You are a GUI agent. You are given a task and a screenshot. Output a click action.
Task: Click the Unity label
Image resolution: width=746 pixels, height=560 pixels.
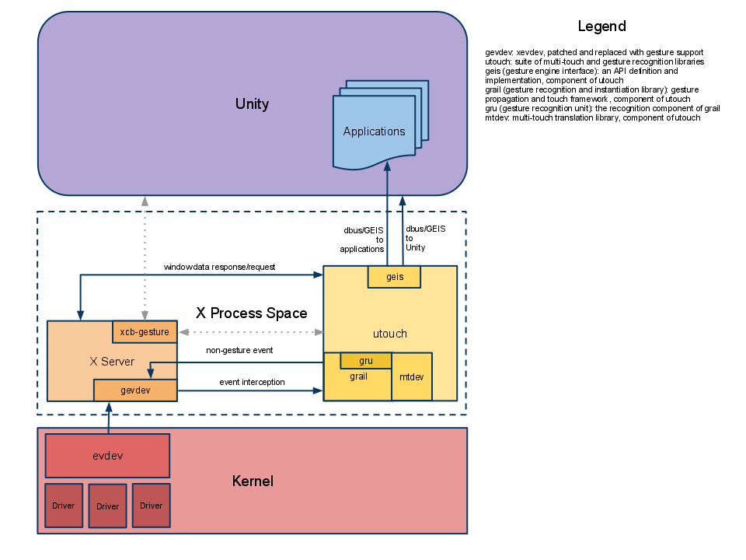252,104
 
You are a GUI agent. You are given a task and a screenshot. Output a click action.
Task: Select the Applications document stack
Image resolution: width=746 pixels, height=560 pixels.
375,131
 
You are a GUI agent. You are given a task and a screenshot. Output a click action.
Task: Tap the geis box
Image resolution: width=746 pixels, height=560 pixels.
394,277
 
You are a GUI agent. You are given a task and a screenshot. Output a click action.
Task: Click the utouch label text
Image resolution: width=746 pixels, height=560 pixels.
389,334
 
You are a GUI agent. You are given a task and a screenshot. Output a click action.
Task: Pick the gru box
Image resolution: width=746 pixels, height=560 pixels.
366,361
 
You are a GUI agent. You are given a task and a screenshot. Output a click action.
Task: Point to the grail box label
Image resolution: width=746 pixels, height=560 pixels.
358,376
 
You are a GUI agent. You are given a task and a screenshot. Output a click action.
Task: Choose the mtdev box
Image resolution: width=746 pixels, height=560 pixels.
412,376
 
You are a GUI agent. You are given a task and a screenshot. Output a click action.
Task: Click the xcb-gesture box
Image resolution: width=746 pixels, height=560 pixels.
145,332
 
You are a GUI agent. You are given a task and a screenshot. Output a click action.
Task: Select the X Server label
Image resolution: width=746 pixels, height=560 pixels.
112,362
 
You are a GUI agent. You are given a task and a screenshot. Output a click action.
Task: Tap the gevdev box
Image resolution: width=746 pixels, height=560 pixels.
135,390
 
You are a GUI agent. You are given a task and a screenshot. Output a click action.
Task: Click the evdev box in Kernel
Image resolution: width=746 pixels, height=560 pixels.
107,456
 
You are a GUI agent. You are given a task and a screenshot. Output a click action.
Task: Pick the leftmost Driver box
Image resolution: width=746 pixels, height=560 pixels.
64,506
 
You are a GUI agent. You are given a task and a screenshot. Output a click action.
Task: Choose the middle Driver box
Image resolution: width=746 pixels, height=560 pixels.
107,506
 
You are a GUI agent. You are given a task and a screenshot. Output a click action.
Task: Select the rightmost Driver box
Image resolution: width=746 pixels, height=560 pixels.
151,506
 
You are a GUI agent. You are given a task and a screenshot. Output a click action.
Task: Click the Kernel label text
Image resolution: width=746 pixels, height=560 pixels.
253,481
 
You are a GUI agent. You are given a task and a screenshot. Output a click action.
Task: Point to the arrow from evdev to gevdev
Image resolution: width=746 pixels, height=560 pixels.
109,418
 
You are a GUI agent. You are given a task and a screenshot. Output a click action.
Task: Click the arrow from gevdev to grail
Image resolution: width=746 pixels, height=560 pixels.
249,390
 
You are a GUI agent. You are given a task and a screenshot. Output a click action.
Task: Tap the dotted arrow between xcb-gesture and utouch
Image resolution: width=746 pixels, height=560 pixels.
250,332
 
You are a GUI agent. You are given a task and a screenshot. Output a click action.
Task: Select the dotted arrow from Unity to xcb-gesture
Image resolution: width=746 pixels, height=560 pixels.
145,257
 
